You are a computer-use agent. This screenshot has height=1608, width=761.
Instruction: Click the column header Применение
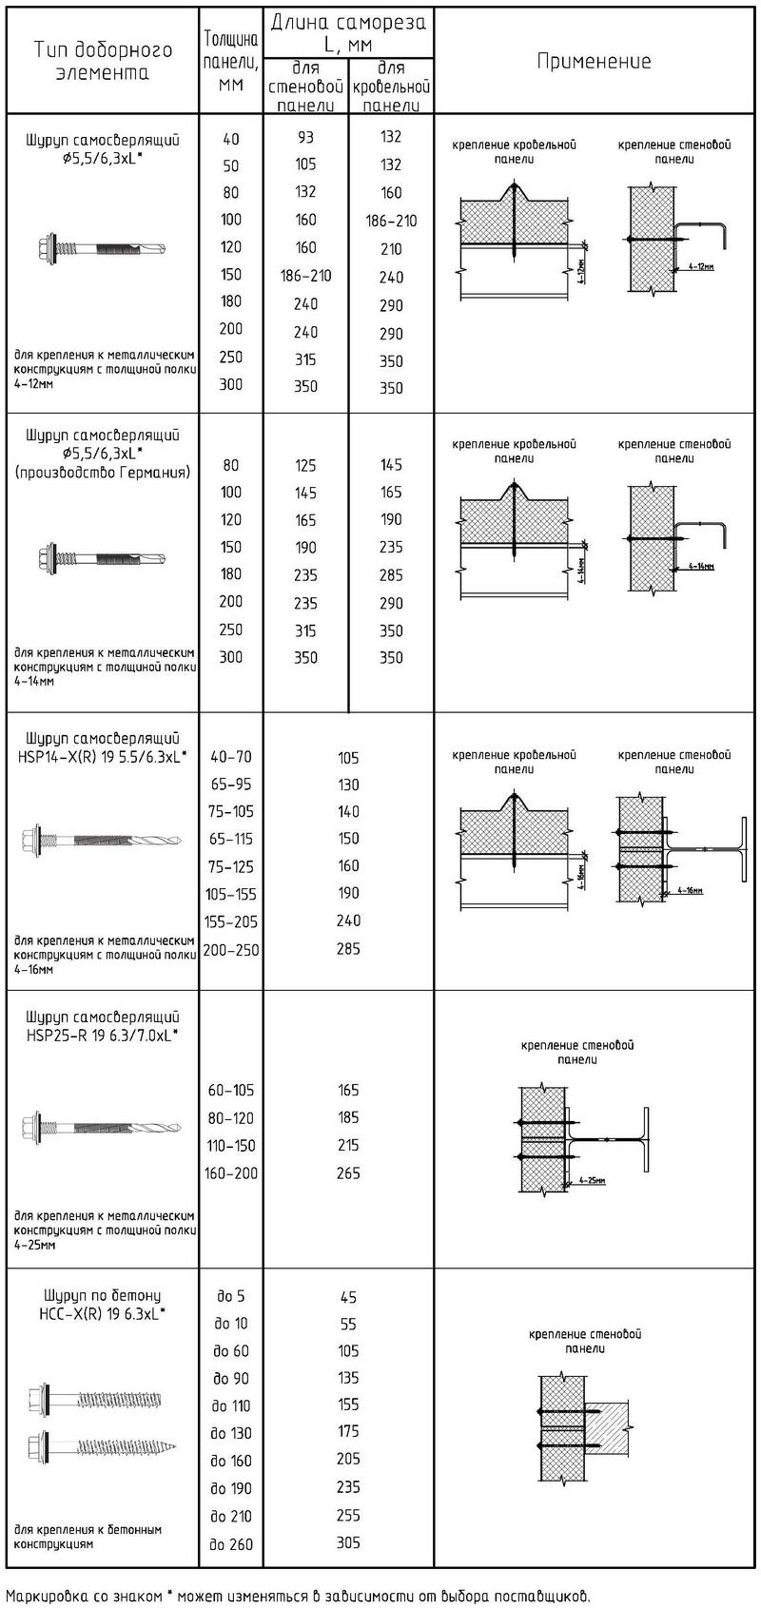595,62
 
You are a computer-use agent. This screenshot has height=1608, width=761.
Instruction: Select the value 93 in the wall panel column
304,137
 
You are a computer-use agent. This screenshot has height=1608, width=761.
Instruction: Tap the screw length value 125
304,465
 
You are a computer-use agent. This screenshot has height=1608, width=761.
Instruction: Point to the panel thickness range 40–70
230,757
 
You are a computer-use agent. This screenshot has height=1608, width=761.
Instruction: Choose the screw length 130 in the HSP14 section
348,785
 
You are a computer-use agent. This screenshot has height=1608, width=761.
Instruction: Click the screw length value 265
348,1173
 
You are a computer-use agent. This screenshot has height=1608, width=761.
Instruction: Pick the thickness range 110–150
230,1146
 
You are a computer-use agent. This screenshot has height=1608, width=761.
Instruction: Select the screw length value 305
348,1543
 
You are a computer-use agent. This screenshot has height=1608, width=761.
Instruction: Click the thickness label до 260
231,1544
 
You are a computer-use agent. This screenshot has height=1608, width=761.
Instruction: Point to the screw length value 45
348,1297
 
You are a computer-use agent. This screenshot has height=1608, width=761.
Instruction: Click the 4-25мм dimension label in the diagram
591,1181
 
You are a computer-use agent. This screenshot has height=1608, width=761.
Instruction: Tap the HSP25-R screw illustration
102,1128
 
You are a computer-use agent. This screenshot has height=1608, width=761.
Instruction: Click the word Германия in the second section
159,472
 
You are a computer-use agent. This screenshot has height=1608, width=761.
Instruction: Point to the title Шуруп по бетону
103,1295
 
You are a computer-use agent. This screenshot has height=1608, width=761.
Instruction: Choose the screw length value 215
348,1146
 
